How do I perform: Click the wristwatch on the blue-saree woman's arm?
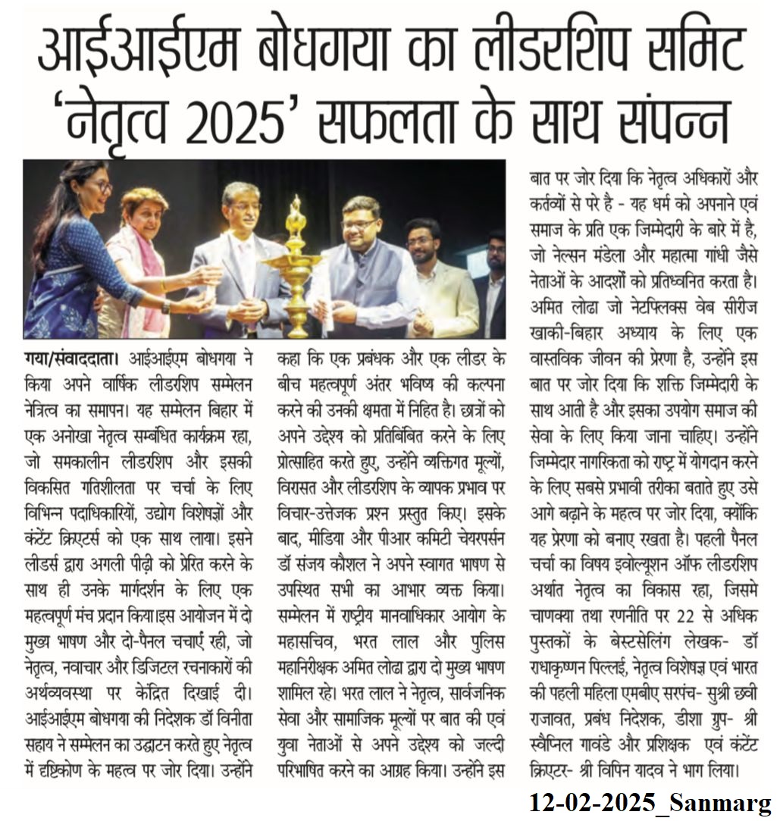[x=165, y=306]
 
